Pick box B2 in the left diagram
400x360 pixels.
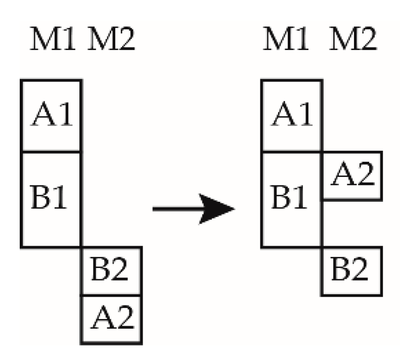click(112, 272)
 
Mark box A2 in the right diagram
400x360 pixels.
click(351, 175)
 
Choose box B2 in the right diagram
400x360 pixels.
click(351, 272)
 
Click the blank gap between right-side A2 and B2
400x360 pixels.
click(351, 223)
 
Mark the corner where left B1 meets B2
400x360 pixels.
click(81, 247)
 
